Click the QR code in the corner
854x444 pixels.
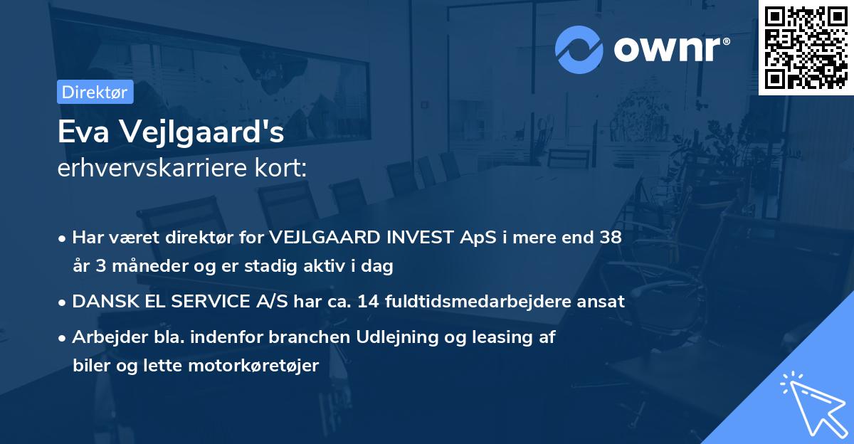[806, 47]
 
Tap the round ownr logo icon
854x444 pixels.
[579, 50]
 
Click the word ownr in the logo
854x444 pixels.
[672, 50]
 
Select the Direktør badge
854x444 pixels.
[95, 92]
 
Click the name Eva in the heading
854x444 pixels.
[80, 132]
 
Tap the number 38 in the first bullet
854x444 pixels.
[611, 238]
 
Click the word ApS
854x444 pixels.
[476, 238]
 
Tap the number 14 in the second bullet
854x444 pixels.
[368, 302]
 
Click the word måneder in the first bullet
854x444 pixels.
[136, 266]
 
